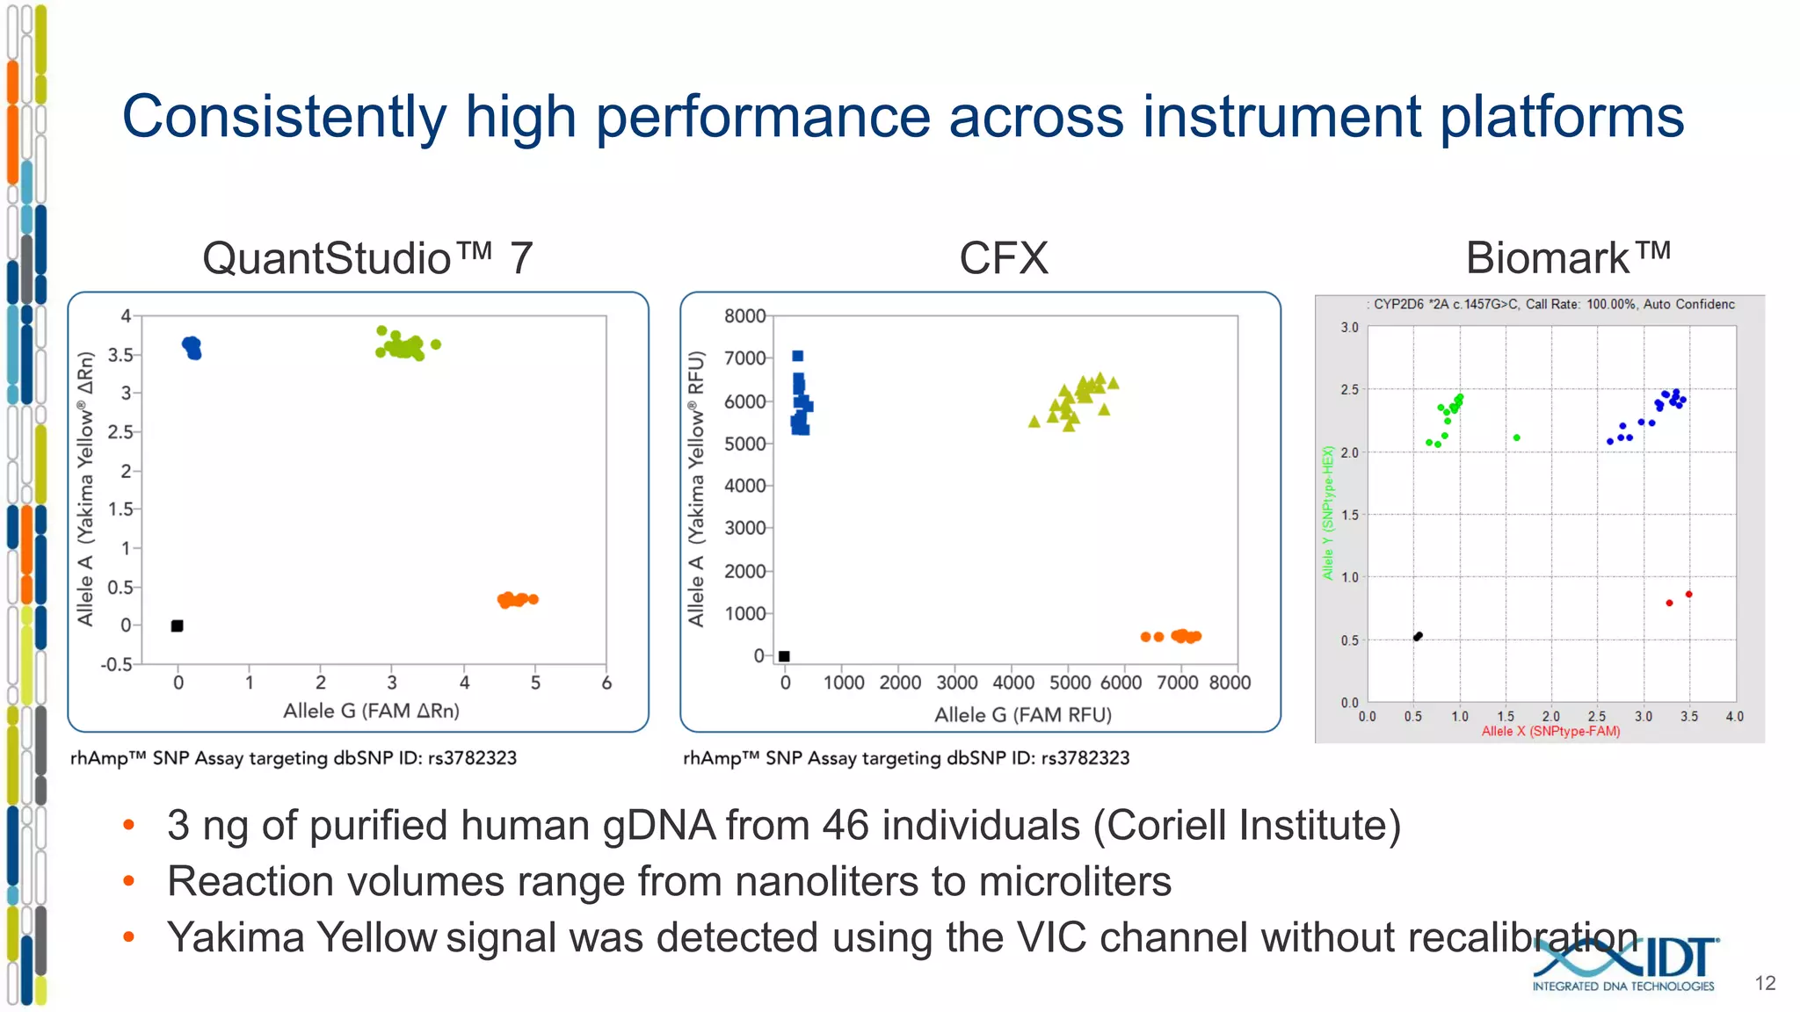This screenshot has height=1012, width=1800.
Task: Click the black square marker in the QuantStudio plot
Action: (177, 625)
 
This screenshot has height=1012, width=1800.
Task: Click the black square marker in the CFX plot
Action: (784, 656)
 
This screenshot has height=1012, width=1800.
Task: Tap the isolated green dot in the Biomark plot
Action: (1516, 437)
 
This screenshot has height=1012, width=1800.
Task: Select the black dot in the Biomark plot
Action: (1417, 637)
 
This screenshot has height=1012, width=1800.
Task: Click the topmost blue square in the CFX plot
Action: (797, 356)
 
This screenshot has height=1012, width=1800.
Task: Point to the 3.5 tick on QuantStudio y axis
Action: (120, 355)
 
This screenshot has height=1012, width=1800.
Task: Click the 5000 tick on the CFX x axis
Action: (1070, 683)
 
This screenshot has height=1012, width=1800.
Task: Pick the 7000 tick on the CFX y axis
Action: (744, 358)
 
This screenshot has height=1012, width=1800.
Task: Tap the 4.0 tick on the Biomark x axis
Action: (1734, 717)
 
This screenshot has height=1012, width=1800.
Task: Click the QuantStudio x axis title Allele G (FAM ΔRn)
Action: (371, 711)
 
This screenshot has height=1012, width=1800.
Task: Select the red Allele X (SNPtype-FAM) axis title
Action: (1550, 732)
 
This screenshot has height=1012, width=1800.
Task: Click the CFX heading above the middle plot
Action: (1003, 258)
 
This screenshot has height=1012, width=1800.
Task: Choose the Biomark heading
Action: (1567, 258)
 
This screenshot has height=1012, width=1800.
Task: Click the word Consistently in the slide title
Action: (284, 117)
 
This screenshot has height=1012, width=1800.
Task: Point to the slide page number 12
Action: (1765, 983)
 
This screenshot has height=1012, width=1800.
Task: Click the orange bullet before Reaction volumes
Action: (129, 881)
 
